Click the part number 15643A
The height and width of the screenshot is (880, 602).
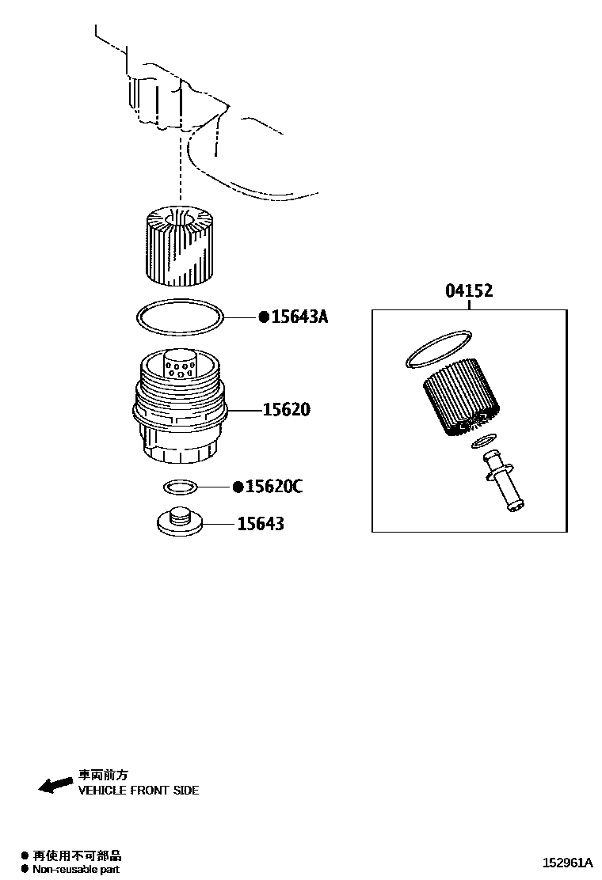(x=299, y=317)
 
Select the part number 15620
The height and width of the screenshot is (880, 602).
(x=286, y=410)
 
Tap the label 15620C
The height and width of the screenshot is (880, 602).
(x=273, y=487)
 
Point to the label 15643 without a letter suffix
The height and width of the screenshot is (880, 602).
(x=260, y=524)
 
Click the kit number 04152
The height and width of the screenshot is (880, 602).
(x=468, y=291)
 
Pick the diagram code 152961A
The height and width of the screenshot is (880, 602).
(x=567, y=863)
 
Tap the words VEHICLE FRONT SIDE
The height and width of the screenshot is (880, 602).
(x=138, y=791)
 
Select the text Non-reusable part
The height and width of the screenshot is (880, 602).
(x=76, y=869)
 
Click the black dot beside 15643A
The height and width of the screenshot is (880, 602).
(x=264, y=317)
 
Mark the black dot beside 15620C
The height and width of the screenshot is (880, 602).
(x=238, y=487)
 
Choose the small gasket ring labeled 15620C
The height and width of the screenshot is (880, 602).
(x=180, y=485)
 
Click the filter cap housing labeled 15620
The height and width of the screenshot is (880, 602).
(x=179, y=412)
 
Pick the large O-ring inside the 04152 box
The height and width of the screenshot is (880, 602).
(x=438, y=349)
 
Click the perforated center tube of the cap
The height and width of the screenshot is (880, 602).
(x=181, y=366)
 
